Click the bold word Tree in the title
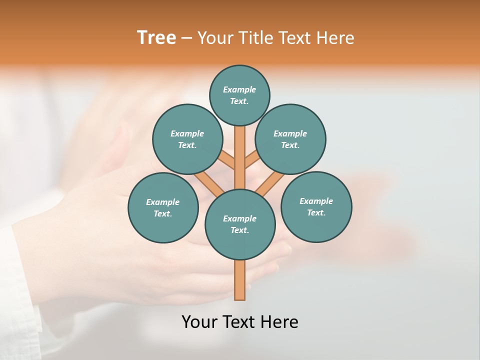coord(156,37)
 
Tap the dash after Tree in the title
coord(187,38)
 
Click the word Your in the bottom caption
coord(199,322)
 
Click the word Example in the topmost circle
coord(239,90)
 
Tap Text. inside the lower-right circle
coord(316,213)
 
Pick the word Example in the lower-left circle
coord(163,202)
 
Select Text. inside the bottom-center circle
coord(239,230)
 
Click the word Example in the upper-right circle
coord(290,134)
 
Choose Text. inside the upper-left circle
coord(187,145)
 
